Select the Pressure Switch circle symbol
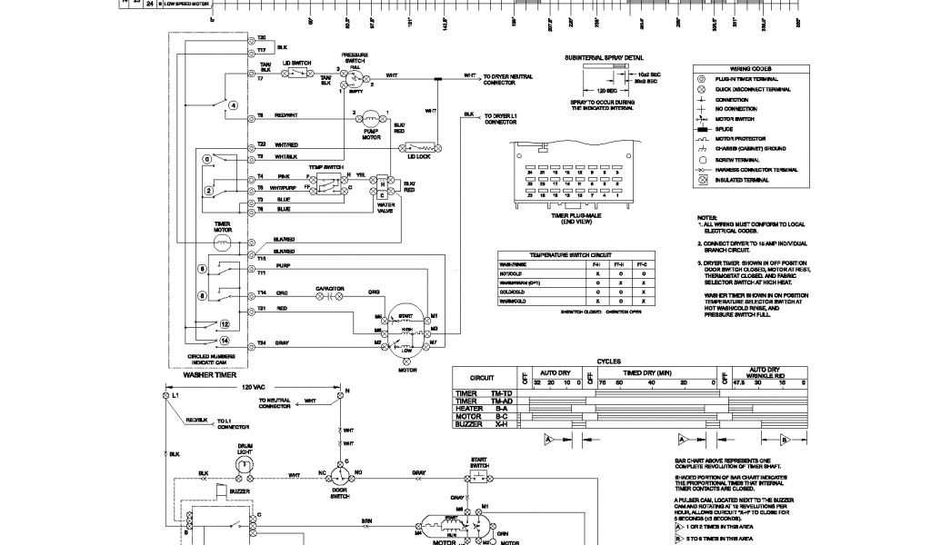pyautogui.click(x=353, y=79)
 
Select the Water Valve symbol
pyautogui.click(x=385, y=186)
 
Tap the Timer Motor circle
pyautogui.click(x=224, y=243)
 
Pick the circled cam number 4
pyautogui.click(x=233, y=105)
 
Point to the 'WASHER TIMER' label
pyautogui.click(x=210, y=374)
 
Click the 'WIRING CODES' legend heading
pyautogui.click(x=750, y=69)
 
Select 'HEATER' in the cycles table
pyautogui.click(x=467, y=408)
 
